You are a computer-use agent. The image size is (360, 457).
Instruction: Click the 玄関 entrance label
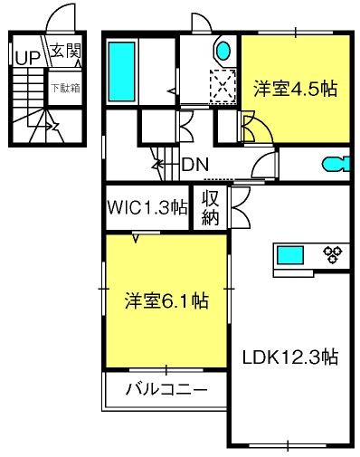click(x=66, y=52)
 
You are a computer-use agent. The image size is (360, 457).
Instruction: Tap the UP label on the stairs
click(x=27, y=57)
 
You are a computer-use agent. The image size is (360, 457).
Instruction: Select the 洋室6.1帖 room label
click(x=166, y=300)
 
